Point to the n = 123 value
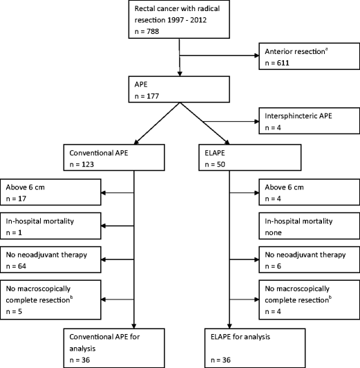pyautogui.click(x=84, y=158)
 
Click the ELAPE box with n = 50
pyautogui.click(x=223, y=152)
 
